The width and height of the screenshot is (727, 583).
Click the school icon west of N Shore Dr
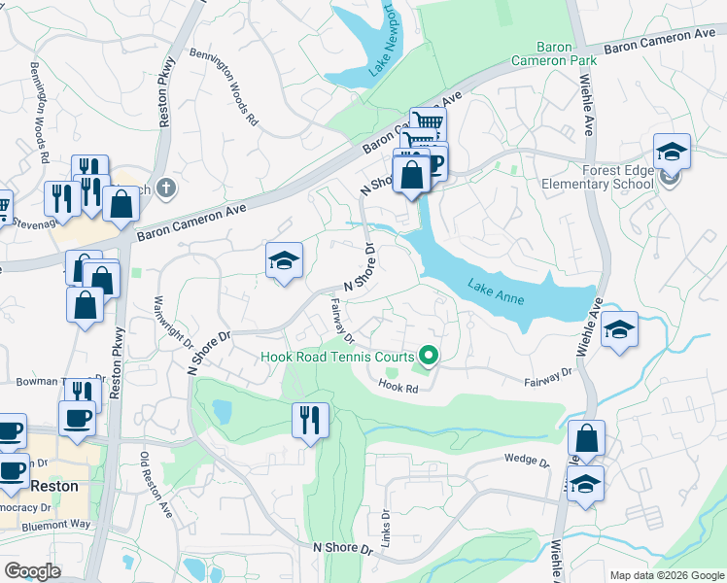284,260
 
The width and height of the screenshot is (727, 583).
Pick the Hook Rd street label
398,388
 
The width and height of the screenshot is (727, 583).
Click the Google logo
33,571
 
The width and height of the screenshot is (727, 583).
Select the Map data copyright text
666,575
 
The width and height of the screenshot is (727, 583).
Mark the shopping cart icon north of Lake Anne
427,123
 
